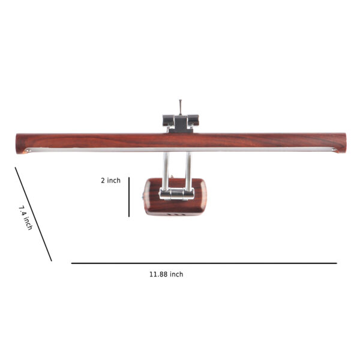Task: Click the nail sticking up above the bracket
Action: coord(181,107)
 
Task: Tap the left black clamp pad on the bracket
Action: coord(169,121)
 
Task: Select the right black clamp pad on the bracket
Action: coord(193,120)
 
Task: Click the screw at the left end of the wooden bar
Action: coord(29,151)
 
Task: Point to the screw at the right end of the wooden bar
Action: coord(334,150)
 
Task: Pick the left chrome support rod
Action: coord(166,171)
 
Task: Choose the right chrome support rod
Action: coord(188,171)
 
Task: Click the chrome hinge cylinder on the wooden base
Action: coord(177,194)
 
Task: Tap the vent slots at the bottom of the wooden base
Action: coord(176,214)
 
